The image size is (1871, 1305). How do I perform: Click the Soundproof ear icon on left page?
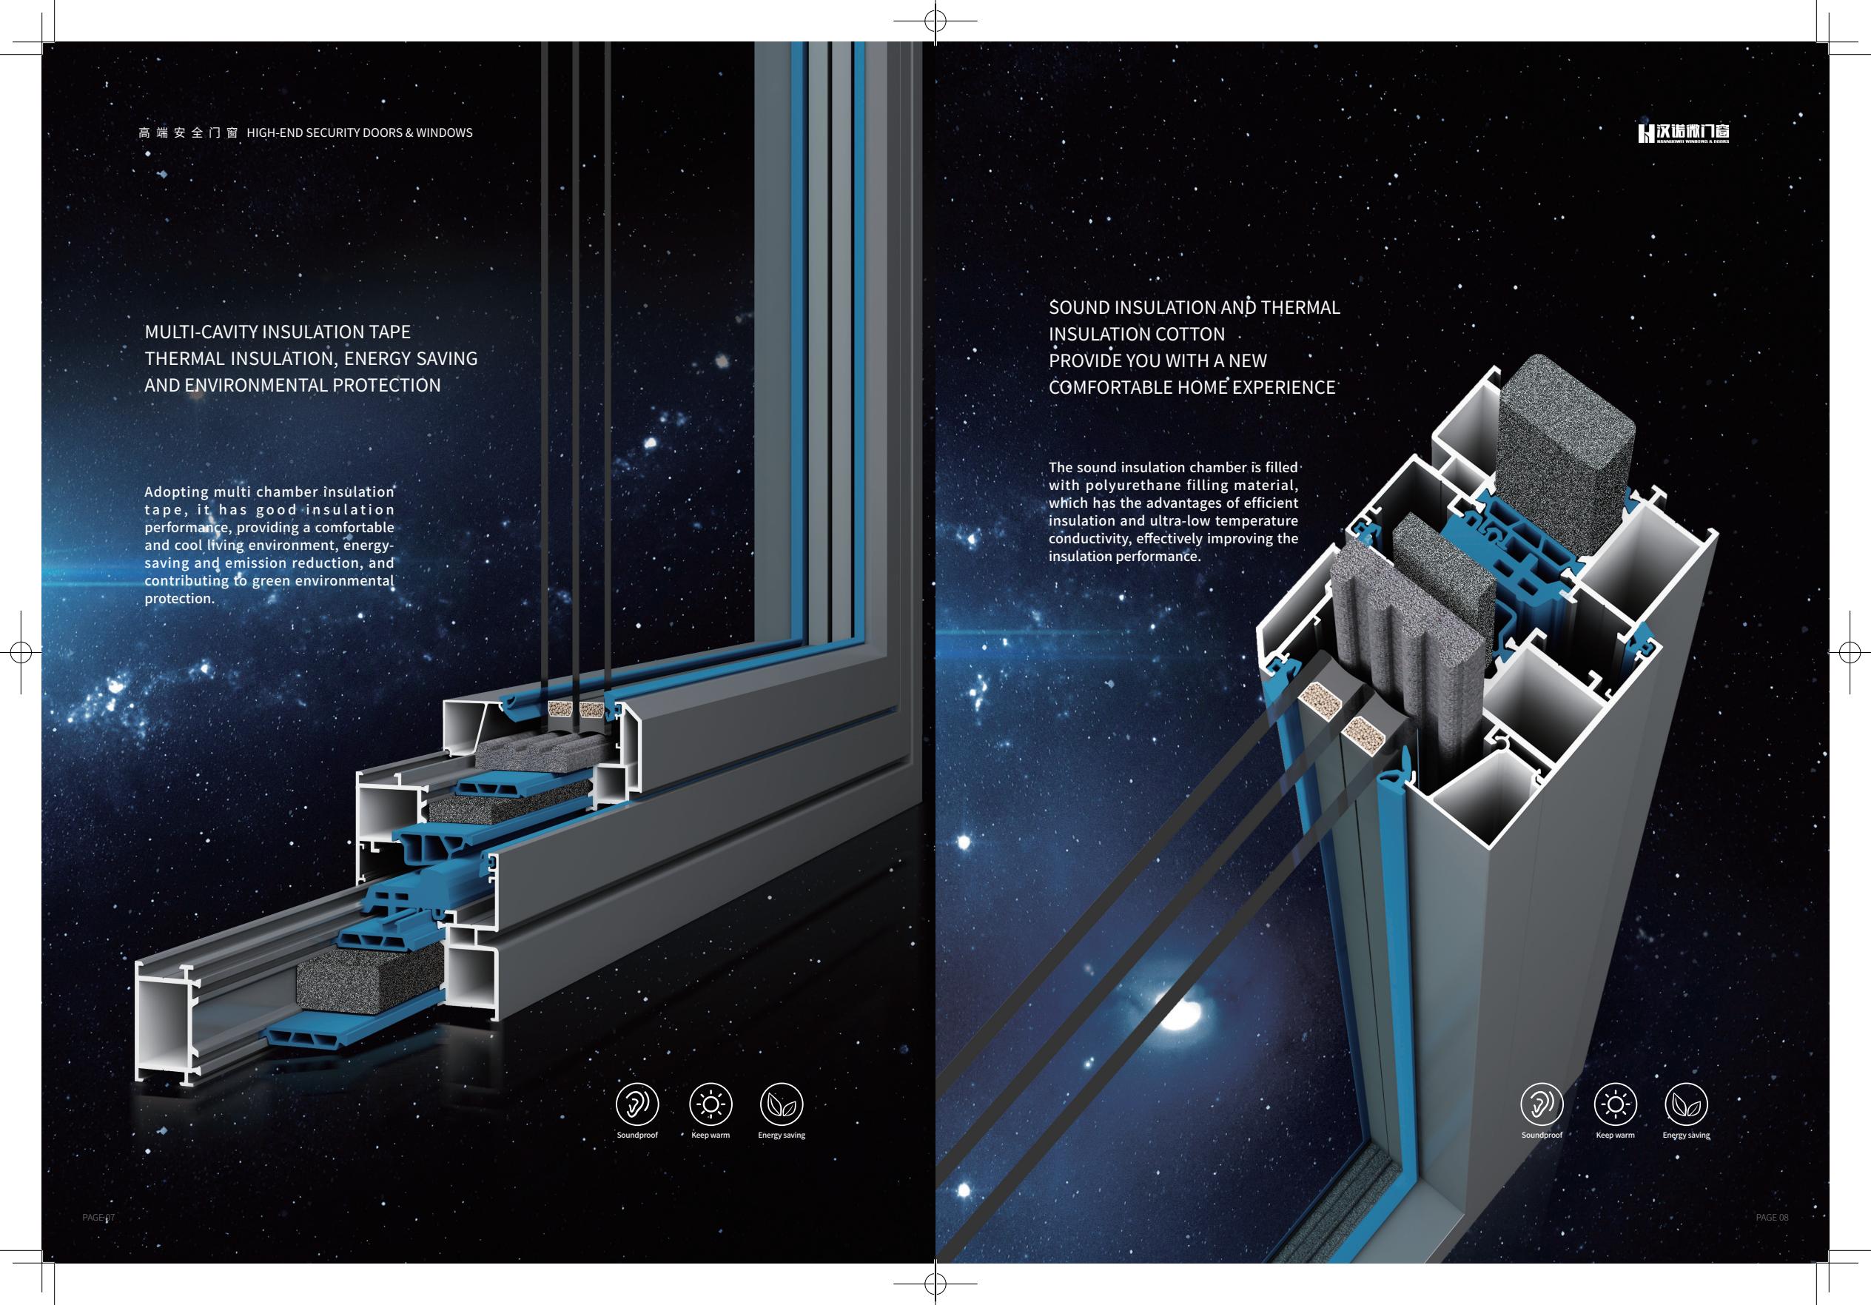pos(637,1104)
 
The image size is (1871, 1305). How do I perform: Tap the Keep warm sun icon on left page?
pos(710,1104)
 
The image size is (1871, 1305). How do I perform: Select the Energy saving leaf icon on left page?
pos(782,1104)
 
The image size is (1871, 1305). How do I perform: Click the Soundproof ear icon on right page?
pos(1542,1104)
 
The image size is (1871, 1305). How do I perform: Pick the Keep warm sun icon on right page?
pos(1614,1104)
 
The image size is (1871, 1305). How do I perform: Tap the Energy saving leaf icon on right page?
pos(1686,1104)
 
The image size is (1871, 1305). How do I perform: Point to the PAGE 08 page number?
pos(1772,1217)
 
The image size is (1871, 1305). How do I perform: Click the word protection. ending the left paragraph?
pos(180,598)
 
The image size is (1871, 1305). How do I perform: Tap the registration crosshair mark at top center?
pos(935,22)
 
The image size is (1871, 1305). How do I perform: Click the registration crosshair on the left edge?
pos(21,652)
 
